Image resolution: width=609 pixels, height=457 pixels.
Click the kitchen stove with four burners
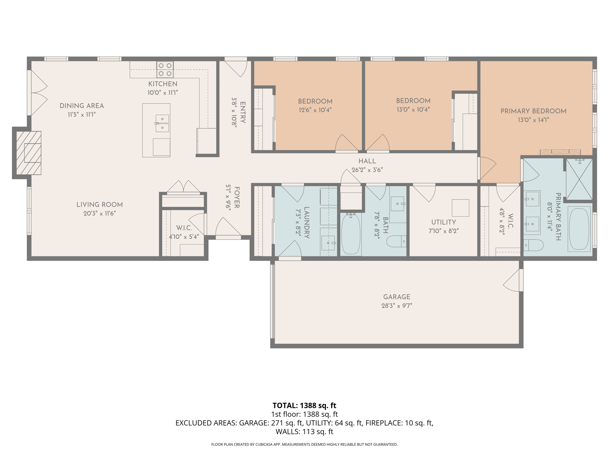tap(165, 69)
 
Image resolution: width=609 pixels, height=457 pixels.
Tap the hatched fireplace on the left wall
tap(29, 153)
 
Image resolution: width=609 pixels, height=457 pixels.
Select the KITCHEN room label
tap(163, 84)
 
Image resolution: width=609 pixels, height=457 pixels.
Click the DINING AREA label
tap(82, 106)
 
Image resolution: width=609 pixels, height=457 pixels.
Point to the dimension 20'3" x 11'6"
tap(99, 213)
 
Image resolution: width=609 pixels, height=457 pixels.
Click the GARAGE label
tap(397, 297)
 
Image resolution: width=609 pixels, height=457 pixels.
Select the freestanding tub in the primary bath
tap(579, 229)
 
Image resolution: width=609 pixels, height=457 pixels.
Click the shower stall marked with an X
tap(579, 179)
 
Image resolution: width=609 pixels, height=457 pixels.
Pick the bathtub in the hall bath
tap(351, 234)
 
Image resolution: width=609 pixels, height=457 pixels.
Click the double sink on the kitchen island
tap(162, 123)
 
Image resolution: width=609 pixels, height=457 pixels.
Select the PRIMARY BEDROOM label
tap(533, 111)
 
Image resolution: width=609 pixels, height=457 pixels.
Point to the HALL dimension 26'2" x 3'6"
tap(367, 170)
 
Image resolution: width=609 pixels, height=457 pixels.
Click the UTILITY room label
tap(443, 222)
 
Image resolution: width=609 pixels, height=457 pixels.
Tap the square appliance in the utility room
tap(460, 208)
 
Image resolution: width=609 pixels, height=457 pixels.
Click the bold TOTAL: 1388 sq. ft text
tap(304, 406)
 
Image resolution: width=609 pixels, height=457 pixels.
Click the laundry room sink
tap(328, 243)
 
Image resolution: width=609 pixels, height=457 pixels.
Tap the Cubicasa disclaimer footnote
tap(304, 445)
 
